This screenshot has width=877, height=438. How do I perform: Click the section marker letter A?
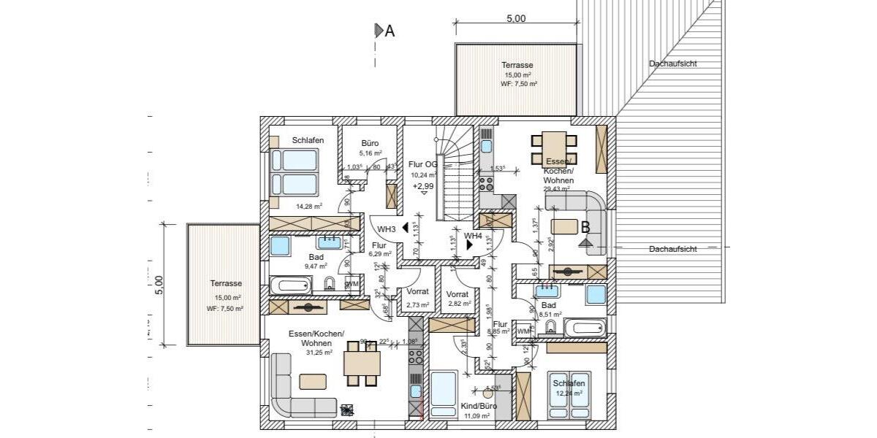click(x=390, y=31)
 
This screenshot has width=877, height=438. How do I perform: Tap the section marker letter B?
click(x=585, y=228)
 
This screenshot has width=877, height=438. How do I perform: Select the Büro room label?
click(x=369, y=143)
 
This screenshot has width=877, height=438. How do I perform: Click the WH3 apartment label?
click(x=387, y=229)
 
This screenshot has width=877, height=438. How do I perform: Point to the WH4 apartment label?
click(x=473, y=236)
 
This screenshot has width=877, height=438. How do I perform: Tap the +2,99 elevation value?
click(x=422, y=187)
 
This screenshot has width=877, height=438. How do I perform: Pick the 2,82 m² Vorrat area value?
click(x=460, y=303)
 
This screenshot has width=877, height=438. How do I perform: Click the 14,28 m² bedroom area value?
click(x=308, y=207)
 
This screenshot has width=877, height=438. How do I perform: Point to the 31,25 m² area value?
click(x=320, y=352)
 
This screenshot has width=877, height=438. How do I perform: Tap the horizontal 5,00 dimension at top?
click(x=516, y=19)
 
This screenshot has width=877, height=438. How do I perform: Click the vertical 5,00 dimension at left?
click(x=159, y=285)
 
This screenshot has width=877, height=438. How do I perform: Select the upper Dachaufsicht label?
click(x=672, y=64)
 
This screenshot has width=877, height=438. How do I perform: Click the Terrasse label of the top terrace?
click(x=517, y=65)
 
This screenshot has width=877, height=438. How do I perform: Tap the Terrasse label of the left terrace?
click(x=225, y=283)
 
